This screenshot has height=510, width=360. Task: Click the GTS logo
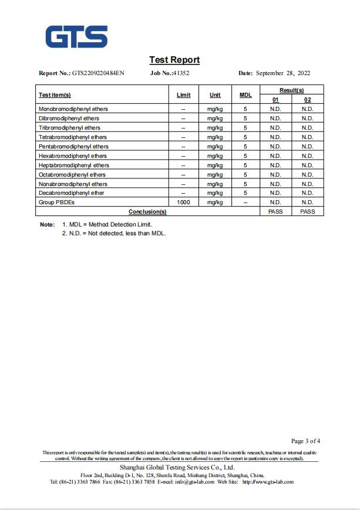(77, 36)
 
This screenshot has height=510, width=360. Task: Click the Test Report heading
(174, 60)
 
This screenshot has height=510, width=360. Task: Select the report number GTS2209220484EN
(98, 73)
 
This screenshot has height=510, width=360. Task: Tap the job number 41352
(181, 73)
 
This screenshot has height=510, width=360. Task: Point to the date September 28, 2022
(283, 73)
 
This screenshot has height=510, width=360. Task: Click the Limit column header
(184, 95)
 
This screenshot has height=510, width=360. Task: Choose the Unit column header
(215, 95)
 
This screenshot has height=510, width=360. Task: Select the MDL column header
(245, 95)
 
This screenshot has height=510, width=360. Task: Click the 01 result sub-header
(275, 100)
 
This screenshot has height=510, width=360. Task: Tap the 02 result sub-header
(308, 100)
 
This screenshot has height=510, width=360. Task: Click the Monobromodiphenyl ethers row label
(73, 109)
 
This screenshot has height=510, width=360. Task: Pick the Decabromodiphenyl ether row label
(71, 193)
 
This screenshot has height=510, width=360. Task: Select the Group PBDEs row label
(56, 202)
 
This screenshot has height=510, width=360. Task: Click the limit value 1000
(184, 202)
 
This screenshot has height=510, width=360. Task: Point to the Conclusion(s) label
(147, 212)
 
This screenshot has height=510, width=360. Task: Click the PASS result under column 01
(275, 212)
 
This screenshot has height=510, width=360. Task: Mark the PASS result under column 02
(308, 212)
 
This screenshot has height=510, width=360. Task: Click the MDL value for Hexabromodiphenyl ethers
(245, 156)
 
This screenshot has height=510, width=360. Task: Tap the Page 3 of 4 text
(305, 441)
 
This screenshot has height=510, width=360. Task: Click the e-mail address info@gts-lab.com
(191, 482)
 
